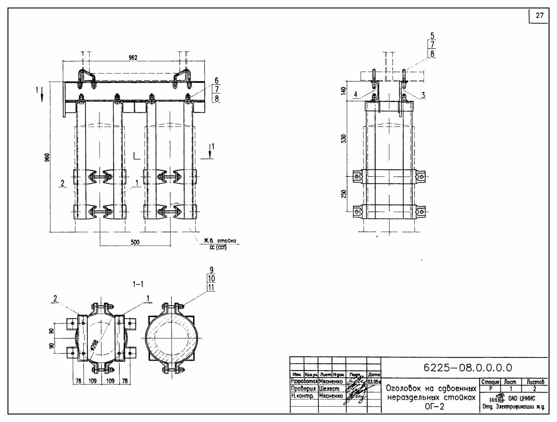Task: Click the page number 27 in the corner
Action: (x=540, y=16)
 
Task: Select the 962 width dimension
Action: (x=133, y=58)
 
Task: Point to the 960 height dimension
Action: (x=47, y=157)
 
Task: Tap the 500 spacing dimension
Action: (x=135, y=242)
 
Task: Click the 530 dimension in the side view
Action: (x=344, y=138)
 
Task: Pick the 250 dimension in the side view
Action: (x=344, y=194)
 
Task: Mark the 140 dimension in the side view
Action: (x=344, y=91)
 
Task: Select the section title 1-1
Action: (x=138, y=284)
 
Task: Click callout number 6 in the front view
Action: (x=217, y=81)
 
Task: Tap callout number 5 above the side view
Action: (x=432, y=36)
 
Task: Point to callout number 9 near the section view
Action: (x=211, y=270)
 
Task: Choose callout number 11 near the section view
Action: (x=211, y=287)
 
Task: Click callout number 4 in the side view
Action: (x=356, y=94)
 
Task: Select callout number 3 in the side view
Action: (x=423, y=95)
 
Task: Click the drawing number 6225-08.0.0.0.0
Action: (x=468, y=368)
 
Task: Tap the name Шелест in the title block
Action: (x=329, y=389)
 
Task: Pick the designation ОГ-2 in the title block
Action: (x=435, y=407)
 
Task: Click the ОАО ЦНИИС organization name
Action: (x=521, y=398)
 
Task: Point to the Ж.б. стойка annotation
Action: (x=220, y=241)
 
